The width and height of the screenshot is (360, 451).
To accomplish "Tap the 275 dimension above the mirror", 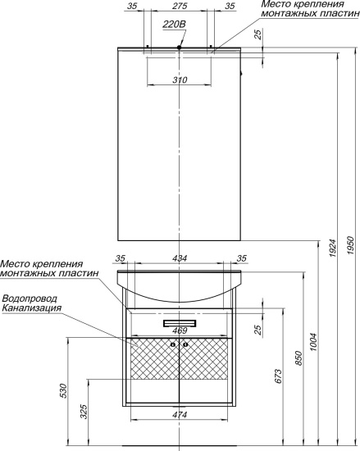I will coord(179,7).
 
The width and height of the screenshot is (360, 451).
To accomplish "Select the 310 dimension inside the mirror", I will coord(180,80).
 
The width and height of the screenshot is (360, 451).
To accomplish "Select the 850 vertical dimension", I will coord(299,358).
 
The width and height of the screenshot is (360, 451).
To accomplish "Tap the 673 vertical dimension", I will coord(280,376).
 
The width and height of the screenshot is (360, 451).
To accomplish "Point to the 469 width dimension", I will coord(180,330).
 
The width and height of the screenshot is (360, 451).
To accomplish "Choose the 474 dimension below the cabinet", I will coord(180,415).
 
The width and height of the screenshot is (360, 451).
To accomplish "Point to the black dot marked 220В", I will coord(179,48).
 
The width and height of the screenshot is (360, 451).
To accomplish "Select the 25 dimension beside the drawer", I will coord(259,330).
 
